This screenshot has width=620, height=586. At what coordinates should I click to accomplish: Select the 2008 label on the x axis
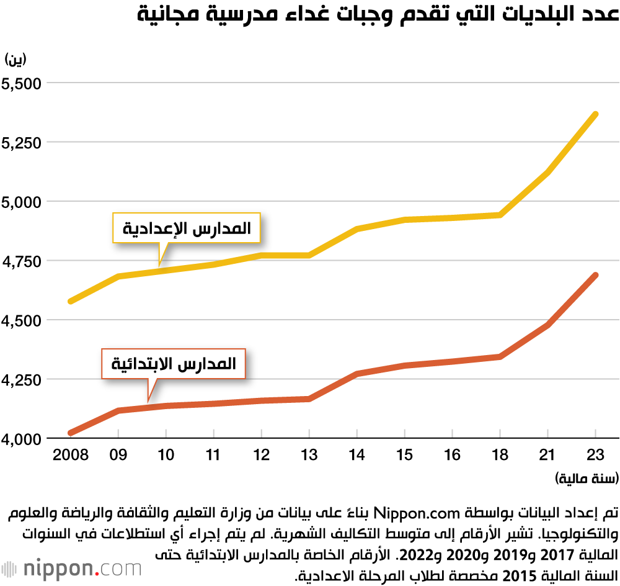(71, 455)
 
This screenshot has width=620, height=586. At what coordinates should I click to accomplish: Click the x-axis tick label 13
(309, 455)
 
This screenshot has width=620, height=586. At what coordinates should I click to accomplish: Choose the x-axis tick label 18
(500, 455)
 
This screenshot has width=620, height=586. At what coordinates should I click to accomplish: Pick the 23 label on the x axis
(595, 455)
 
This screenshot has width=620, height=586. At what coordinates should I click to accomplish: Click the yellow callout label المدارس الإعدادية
(186, 228)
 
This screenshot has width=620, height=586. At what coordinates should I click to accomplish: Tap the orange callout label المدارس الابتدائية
(174, 364)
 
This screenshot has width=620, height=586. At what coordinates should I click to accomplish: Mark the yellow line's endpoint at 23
(595, 114)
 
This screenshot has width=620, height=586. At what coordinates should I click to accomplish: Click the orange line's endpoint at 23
(595, 275)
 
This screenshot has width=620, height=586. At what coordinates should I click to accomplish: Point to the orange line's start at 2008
(71, 433)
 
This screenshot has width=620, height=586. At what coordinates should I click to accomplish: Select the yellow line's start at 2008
(71, 301)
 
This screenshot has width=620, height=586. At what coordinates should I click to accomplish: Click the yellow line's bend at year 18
(500, 215)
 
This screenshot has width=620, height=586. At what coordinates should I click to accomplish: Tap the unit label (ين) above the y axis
(17, 60)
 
